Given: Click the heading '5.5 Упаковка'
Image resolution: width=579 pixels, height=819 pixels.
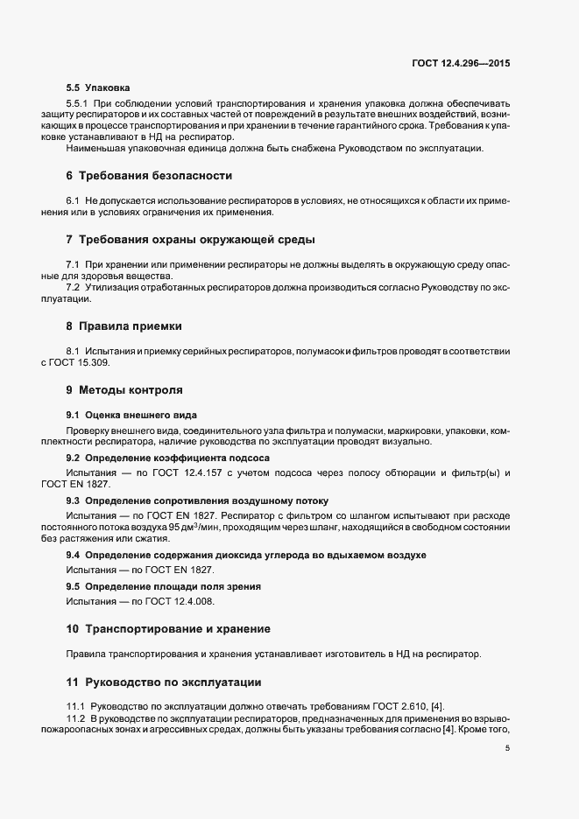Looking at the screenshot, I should pos(98,87).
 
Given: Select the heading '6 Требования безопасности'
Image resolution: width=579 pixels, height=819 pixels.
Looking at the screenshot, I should pos(149,176).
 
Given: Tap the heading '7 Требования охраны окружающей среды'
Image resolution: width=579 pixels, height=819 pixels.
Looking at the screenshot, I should pos(190,239).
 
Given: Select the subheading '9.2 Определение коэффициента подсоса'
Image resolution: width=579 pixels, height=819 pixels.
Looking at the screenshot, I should pos(167,458).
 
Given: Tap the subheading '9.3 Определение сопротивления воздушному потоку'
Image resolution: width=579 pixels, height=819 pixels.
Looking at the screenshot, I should pos(197,500).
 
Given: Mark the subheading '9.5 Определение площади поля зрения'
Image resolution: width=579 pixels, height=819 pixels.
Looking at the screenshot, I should pos(164,585).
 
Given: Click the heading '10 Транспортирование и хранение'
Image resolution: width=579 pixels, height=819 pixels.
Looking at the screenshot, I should pos(167,628).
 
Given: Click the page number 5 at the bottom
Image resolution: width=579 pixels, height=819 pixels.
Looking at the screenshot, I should pos(508,748).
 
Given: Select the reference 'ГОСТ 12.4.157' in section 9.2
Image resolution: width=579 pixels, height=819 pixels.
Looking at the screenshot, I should pos(182,472).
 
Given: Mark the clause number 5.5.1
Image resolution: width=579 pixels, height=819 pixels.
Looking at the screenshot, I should pos(77,104).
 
